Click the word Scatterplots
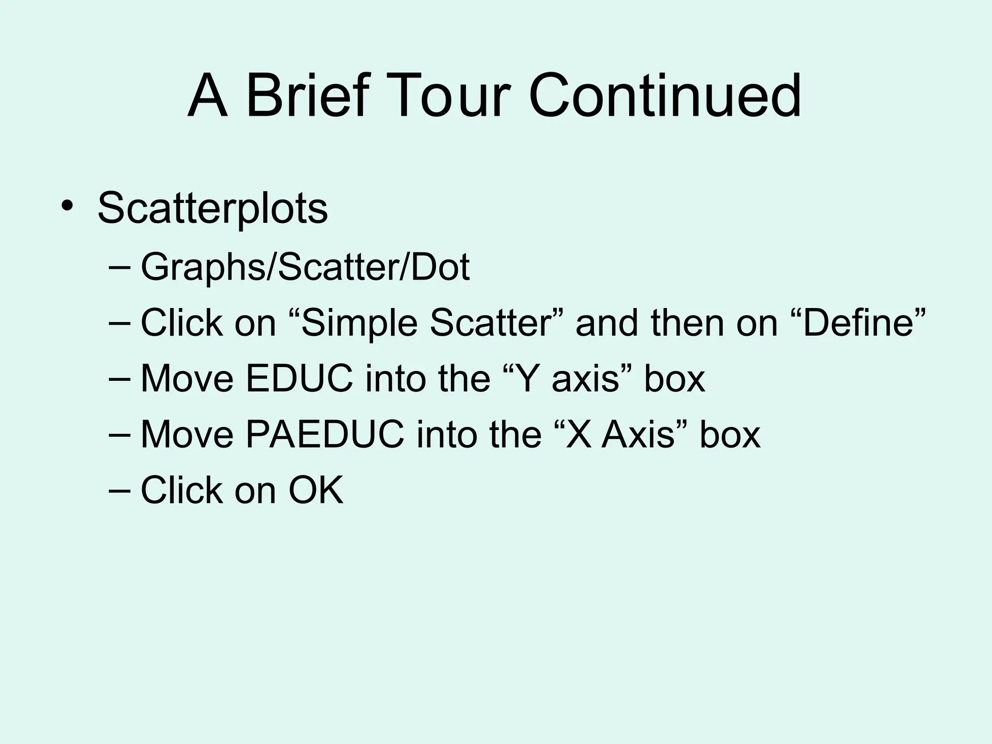click(213, 209)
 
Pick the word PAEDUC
click(325, 434)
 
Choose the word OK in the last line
click(316, 490)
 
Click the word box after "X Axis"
click(729, 434)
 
